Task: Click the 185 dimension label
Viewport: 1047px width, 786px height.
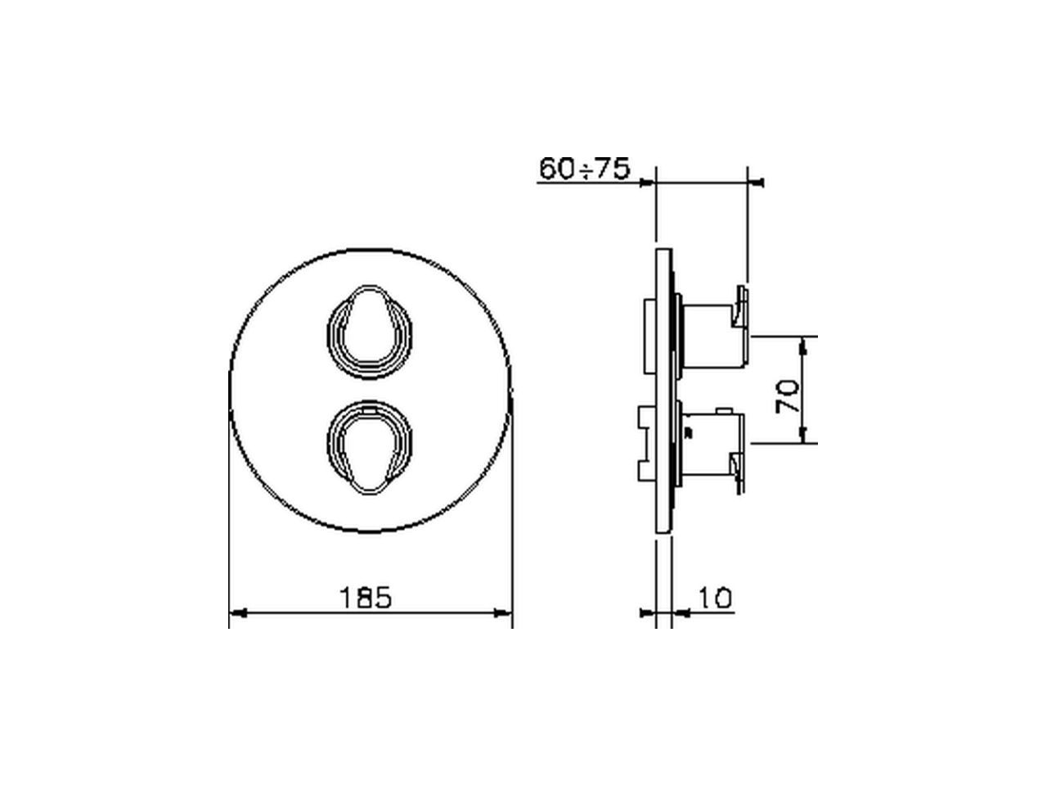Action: [x=367, y=597]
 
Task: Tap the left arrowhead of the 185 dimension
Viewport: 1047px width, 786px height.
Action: [x=237, y=612]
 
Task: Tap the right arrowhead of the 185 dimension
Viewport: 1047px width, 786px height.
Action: [x=504, y=612]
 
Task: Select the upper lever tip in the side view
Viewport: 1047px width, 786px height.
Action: [x=742, y=307]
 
